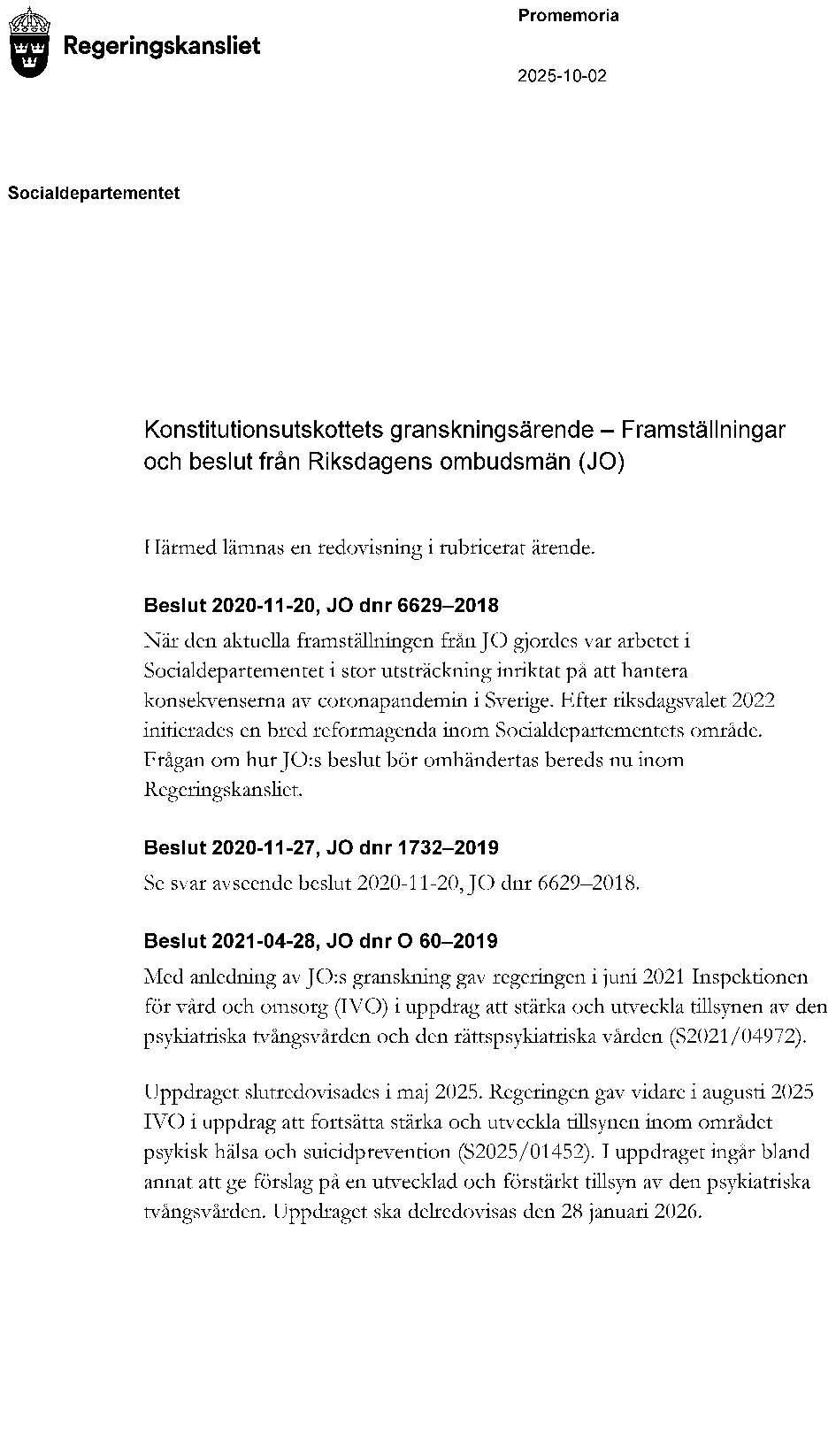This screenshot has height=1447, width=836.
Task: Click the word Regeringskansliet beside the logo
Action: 162,46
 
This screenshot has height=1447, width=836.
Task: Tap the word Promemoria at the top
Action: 568,16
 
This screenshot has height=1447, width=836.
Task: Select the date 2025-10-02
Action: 562,76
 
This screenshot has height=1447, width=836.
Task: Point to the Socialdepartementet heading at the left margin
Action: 94,193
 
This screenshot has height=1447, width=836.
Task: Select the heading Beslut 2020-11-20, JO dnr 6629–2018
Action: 321,606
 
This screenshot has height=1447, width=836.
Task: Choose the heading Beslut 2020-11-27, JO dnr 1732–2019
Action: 321,848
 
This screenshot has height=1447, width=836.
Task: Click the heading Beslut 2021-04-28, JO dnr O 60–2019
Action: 321,941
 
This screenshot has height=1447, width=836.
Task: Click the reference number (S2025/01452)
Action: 524,1152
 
